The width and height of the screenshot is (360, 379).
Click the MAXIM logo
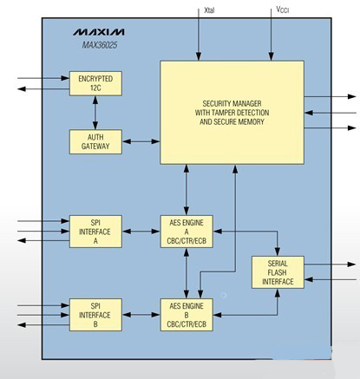(x=99, y=32)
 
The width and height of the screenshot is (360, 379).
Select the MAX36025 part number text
(x=100, y=45)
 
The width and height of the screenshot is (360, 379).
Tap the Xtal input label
(x=209, y=10)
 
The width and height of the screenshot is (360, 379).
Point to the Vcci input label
(x=283, y=10)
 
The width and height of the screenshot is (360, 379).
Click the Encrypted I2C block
(x=95, y=83)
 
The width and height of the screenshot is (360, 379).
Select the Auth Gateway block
(x=95, y=141)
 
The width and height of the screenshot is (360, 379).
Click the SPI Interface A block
(x=95, y=232)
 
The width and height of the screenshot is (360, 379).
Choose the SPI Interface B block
(x=95, y=315)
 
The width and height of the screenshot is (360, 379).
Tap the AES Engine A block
(x=187, y=232)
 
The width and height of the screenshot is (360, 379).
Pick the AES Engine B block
(x=187, y=315)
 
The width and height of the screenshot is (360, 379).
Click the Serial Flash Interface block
(x=278, y=272)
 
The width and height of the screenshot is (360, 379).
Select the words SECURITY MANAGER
(x=232, y=103)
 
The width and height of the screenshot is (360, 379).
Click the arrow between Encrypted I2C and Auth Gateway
(x=95, y=113)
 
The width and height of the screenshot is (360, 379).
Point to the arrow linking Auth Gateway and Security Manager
(x=141, y=141)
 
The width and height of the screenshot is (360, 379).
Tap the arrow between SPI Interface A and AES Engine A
(x=141, y=232)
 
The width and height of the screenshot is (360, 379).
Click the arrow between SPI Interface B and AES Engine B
(x=141, y=315)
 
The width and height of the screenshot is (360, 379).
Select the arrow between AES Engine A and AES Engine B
(x=187, y=273)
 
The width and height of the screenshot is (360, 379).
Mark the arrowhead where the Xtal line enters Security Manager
(x=199, y=56)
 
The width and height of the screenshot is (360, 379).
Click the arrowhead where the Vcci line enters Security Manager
(x=272, y=56)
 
